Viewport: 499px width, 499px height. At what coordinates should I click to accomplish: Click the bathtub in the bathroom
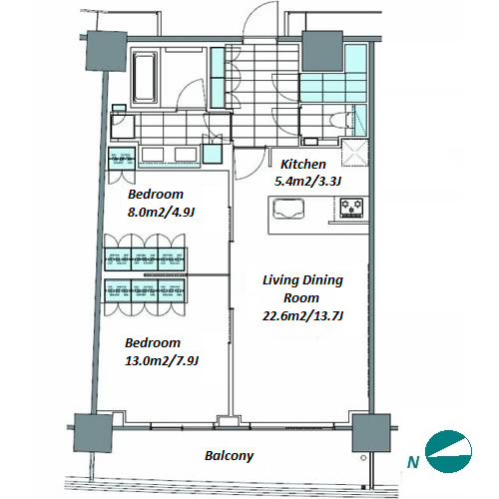[146, 77]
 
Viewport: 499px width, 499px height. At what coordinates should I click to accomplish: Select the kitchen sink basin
[288, 209]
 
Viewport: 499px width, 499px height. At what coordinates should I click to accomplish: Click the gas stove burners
[351, 208]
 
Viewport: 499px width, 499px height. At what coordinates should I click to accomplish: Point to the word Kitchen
[303, 164]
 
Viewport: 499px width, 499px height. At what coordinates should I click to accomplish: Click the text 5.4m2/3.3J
[307, 182]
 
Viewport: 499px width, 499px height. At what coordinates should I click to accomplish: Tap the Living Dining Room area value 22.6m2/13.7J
[302, 315]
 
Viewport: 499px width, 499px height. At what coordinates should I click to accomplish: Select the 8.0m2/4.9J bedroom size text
[161, 213]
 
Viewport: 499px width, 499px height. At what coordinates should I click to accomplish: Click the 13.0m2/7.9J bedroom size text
[162, 361]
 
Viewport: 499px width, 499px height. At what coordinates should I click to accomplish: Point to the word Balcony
[230, 456]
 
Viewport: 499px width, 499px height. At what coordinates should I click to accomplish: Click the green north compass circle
[449, 451]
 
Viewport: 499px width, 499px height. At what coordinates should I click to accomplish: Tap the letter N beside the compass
[413, 462]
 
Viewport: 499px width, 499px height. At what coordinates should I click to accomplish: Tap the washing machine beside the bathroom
[123, 127]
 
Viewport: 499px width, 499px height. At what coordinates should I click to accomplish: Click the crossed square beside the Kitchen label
[355, 153]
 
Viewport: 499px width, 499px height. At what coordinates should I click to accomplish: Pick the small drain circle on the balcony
[363, 458]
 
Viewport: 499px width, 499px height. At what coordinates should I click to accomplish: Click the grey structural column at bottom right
[371, 433]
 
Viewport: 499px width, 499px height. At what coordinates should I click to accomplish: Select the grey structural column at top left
[107, 51]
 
